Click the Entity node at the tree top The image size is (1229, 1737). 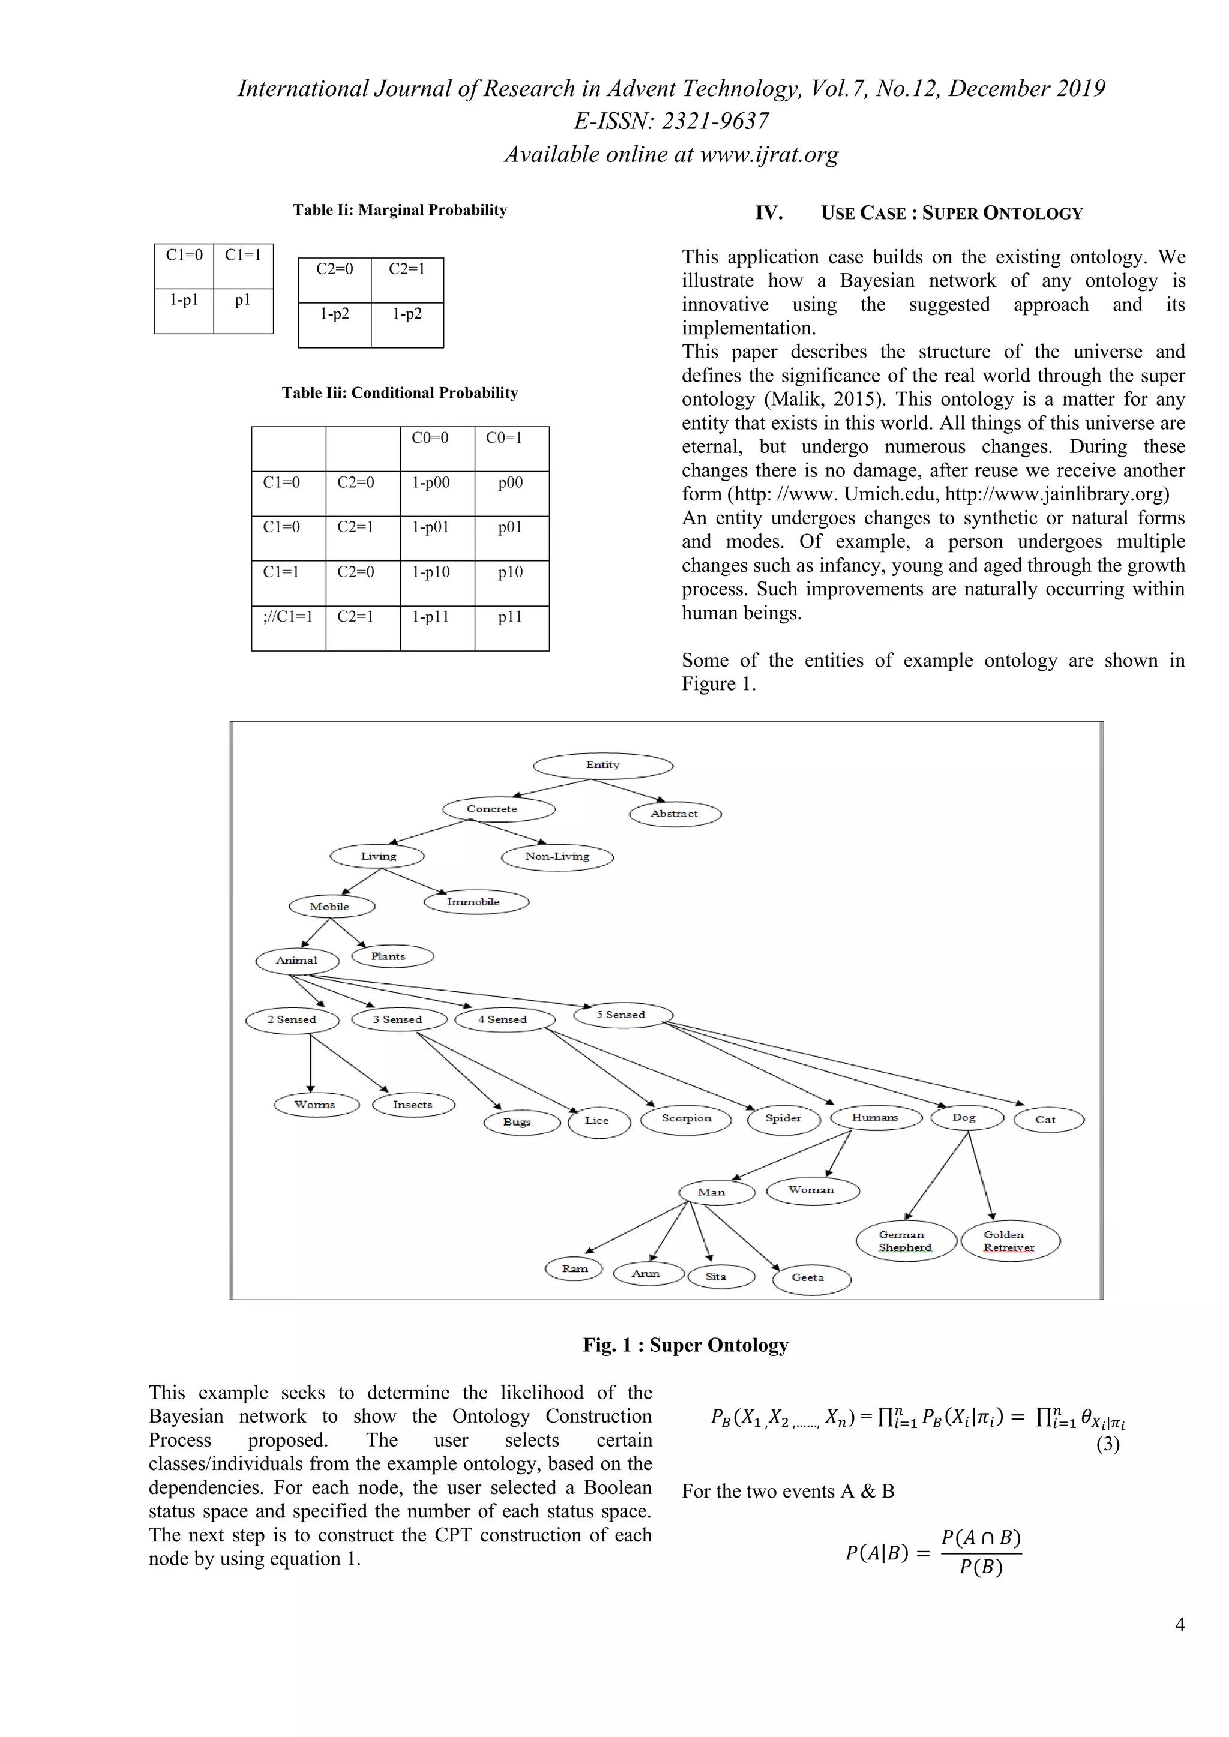click(x=602, y=766)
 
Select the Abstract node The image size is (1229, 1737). click(x=675, y=814)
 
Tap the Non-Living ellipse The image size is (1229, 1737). click(x=557, y=856)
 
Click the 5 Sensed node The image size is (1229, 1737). click(x=622, y=1015)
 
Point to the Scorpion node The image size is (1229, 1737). click(x=687, y=1118)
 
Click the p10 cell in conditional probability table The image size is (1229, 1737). click(x=511, y=572)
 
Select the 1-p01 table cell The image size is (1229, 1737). click(x=431, y=527)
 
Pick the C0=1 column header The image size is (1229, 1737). click(x=504, y=438)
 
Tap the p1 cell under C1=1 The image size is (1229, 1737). click(x=242, y=301)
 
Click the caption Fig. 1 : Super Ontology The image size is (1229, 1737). click(x=685, y=1345)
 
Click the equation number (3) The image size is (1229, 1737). click(x=1107, y=1444)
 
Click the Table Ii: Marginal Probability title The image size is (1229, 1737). click(x=400, y=211)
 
